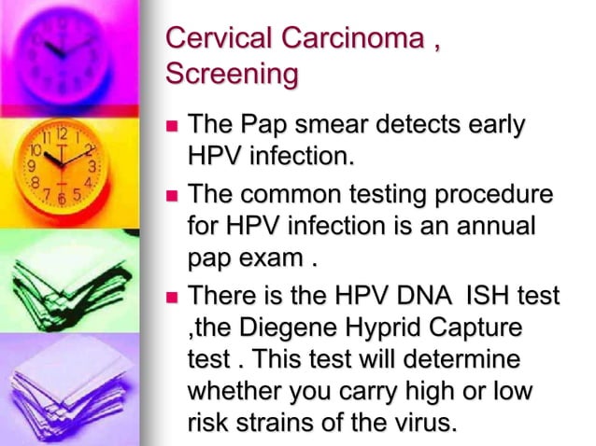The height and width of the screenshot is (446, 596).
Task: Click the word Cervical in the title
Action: [x=212, y=40]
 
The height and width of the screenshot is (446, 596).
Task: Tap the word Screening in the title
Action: [x=231, y=74]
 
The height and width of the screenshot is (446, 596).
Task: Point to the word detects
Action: [x=425, y=124]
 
